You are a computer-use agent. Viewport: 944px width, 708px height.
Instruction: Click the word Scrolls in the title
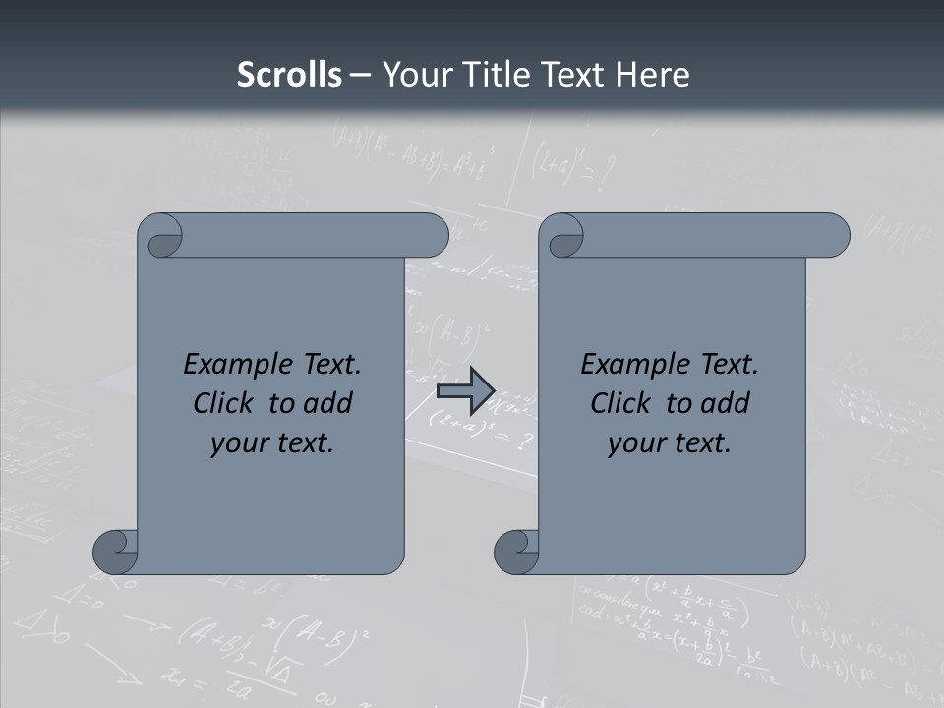(289, 75)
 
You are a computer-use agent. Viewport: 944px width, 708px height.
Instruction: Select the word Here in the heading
(652, 75)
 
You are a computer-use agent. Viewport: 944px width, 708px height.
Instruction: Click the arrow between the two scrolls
(465, 390)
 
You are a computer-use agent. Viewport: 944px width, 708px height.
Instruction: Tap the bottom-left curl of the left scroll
(116, 551)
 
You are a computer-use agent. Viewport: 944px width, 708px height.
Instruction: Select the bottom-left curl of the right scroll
(517, 551)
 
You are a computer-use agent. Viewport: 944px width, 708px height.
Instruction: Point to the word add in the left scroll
(328, 403)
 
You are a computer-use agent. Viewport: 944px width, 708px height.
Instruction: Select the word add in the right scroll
(726, 403)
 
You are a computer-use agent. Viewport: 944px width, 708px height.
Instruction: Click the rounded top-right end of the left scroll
(433, 236)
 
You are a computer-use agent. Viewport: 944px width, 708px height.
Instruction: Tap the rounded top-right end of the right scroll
(834, 236)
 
